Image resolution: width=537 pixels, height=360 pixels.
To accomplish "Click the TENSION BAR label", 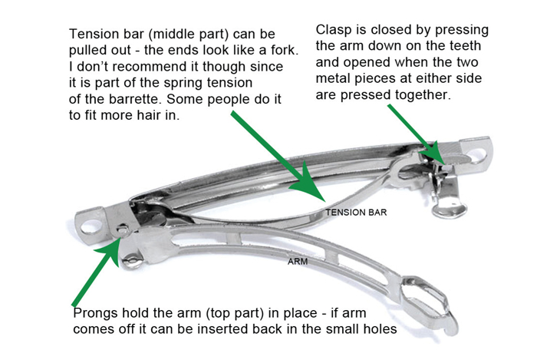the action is tap(356, 213).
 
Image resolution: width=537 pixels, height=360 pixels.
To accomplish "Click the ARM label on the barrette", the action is tap(298, 262).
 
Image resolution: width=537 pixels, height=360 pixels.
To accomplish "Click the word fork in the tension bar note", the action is tap(285, 50).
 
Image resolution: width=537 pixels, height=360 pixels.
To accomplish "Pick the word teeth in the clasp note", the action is tap(465, 45).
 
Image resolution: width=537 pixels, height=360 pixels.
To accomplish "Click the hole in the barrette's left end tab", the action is tap(93, 226).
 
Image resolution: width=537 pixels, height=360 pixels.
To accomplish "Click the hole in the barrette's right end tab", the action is tap(477, 154).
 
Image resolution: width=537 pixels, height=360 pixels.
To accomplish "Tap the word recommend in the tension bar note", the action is tap(150, 66).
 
